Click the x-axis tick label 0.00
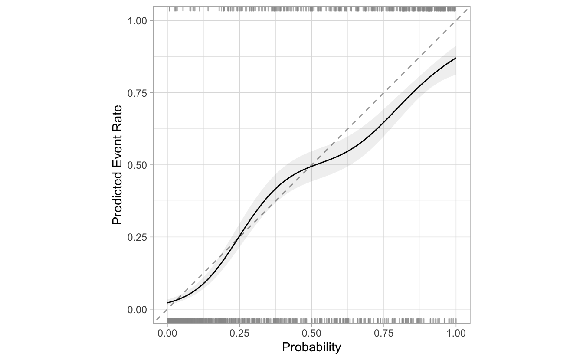point(167,334)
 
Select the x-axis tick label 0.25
point(239,334)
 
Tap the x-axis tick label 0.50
point(311,334)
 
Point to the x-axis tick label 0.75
point(383,334)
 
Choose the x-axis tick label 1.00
point(455,334)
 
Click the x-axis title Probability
point(311,347)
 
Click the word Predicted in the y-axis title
point(117,200)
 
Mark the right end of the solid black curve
point(456,58)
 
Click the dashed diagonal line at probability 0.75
point(383,93)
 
